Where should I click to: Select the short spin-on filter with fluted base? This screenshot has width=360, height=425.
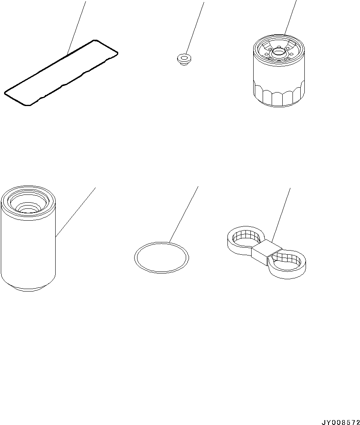coord(279,70)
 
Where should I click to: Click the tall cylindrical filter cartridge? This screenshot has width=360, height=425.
coord(28,239)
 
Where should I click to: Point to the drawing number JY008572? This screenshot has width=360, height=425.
coord(340,422)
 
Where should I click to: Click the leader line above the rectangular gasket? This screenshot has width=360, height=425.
coord(76,27)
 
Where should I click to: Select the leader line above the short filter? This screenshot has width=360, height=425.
coord(290,17)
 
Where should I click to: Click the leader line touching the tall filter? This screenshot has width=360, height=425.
coord(76,212)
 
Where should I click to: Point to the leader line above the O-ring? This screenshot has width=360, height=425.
coord(184,214)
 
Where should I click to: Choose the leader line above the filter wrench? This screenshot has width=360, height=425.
coord(281,215)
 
